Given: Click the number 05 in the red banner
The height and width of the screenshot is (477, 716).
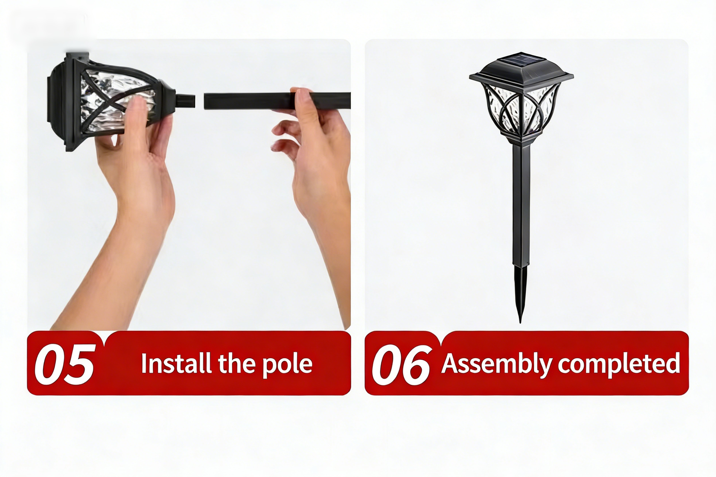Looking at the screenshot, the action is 65,364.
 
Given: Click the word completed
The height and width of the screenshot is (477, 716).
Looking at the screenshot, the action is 619,365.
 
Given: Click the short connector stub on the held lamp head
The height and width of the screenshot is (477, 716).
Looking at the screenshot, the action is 185,101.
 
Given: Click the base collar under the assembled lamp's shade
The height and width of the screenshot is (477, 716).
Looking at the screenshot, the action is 521,138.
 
